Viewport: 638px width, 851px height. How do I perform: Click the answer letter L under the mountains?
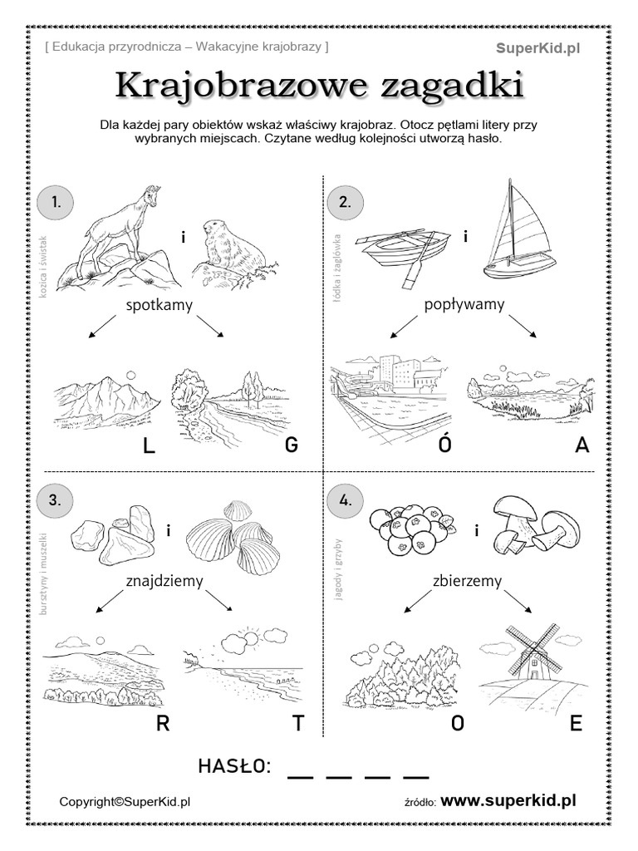click(x=150, y=446)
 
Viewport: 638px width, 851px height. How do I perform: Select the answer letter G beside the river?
click(x=291, y=446)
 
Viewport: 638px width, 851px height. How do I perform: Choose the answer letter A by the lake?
click(x=582, y=446)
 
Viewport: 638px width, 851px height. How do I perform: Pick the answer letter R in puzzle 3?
click(x=163, y=724)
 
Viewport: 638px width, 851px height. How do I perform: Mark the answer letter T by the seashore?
click(x=297, y=724)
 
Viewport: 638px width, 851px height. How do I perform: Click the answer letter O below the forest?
click(x=457, y=724)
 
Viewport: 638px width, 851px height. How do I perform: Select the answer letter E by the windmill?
click(x=576, y=724)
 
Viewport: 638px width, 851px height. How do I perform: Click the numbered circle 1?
click(x=56, y=202)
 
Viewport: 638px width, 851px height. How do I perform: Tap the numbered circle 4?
click(x=346, y=500)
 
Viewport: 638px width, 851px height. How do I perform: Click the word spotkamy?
click(x=159, y=305)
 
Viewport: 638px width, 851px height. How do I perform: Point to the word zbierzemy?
click(x=467, y=581)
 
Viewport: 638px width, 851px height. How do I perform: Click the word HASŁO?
click(x=235, y=766)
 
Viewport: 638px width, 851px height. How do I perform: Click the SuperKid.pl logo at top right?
click(x=538, y=49)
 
